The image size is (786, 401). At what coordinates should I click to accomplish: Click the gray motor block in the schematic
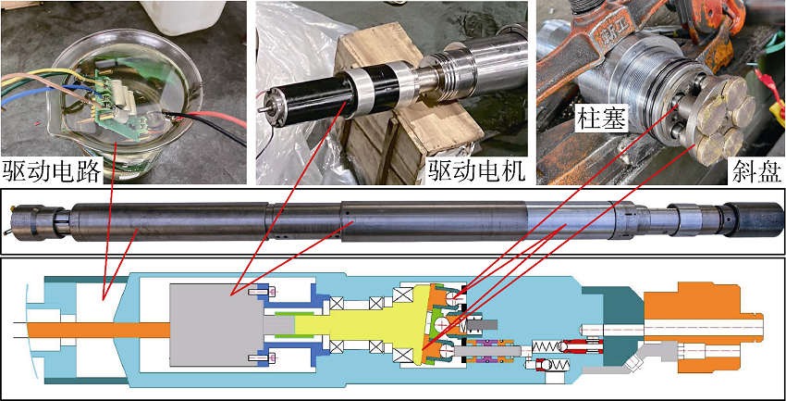click(x=215, y=324)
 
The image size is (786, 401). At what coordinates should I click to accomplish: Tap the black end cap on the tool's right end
click(x=753, y=219)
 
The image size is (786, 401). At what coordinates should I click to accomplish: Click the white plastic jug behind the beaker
click(x=182, y=17)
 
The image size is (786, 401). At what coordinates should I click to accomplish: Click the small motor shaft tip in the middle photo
click(x=261, y=109)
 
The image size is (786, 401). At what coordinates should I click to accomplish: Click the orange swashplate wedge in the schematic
click(x=436, y=325)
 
